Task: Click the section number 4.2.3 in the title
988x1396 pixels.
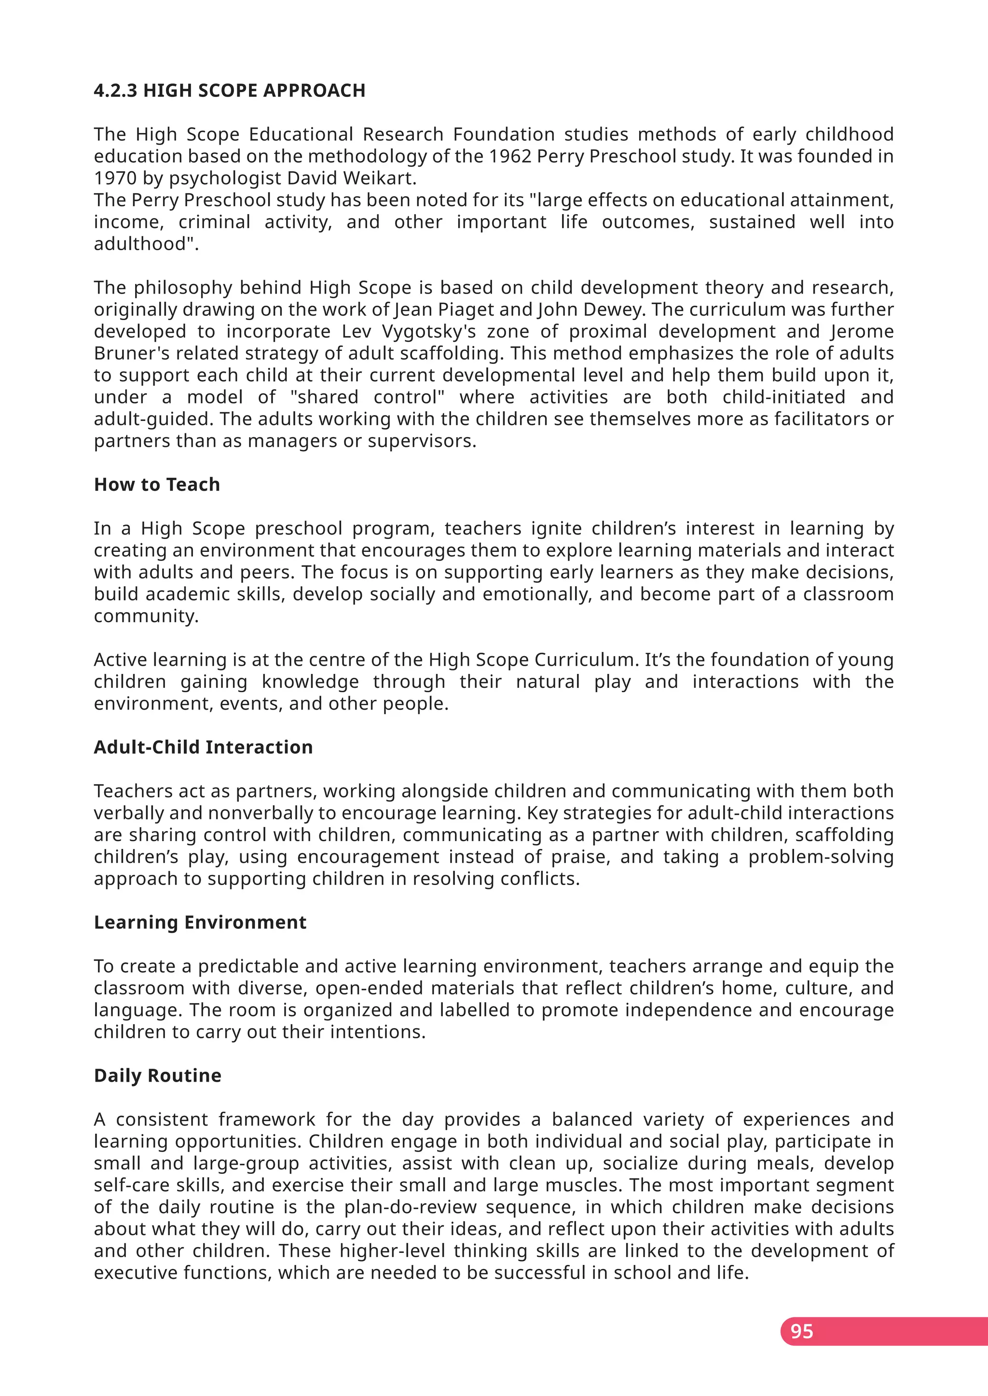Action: click(116, 91)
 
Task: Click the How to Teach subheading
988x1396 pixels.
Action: click(157, 484)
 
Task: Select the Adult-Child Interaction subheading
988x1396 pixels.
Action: click(203, 747)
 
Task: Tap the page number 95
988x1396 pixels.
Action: click(801, 1331)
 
